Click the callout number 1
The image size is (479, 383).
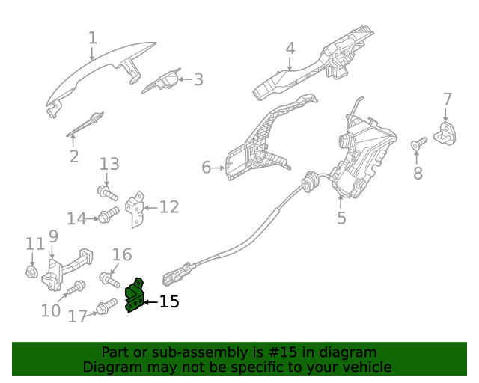92,37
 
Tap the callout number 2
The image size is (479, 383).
73,156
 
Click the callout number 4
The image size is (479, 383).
290,49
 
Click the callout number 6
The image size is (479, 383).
207,168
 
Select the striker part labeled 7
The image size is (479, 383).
448,134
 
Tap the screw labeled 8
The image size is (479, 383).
419,141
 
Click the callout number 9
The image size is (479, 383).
53,237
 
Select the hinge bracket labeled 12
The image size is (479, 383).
135,209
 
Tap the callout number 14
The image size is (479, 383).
76,218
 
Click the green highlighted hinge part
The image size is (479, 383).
135,296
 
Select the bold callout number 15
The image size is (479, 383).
169,301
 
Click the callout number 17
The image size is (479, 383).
78,316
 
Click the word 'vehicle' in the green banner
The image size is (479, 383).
365,367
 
